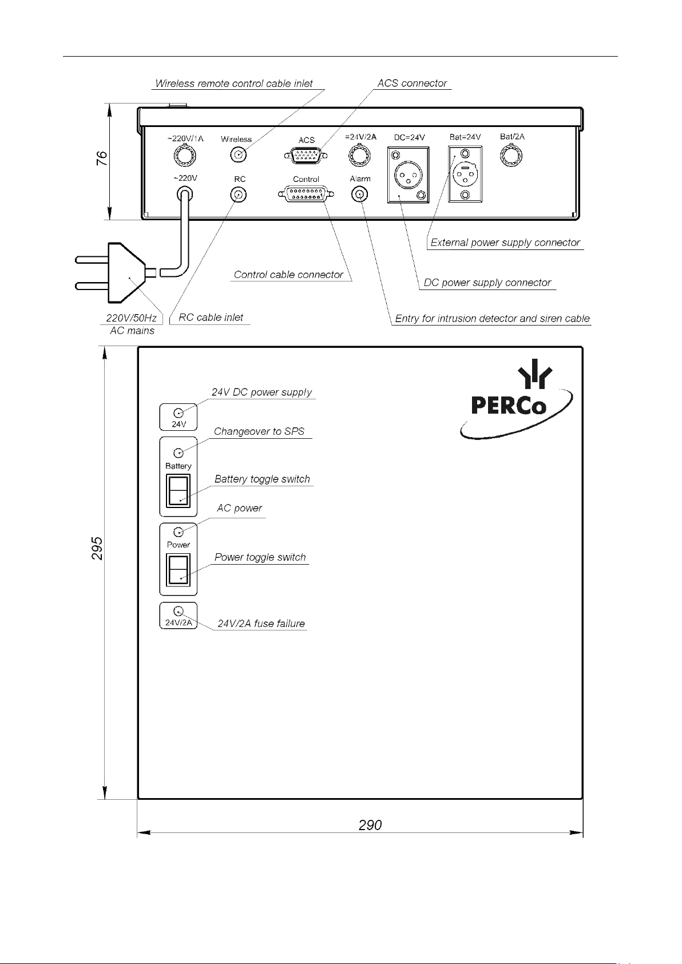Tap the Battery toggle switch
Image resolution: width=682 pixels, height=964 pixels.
click(178, 491)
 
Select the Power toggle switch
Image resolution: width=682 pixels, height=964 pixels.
click(178, 570)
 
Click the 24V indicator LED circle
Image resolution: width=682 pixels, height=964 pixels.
click(178, 413)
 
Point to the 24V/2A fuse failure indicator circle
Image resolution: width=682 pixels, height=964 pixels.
click(178, 611)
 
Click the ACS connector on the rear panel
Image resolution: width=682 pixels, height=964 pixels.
click(306, 156)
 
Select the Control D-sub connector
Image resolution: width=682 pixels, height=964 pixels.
click(306, 194)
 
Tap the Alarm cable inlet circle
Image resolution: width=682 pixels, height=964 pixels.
click(359, 195)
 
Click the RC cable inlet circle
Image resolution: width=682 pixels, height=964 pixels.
click(239, 195)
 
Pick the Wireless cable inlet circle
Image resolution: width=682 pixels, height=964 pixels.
click(239, 154)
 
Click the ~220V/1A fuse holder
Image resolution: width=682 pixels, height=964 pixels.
click(185, 156)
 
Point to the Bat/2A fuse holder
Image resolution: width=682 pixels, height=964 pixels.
click(511, 156)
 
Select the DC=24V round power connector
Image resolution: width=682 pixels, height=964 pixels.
click(408, 175)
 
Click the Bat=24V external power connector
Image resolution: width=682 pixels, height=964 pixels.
click(465, 174)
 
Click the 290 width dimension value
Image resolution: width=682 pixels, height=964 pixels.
click(370, 825)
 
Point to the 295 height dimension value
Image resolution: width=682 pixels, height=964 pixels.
click(97, 548)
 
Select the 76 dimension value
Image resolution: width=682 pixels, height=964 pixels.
click(101, 158)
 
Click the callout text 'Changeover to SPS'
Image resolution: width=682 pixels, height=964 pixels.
click(259, 431)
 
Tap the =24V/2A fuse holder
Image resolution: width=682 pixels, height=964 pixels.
click(359, 156)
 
